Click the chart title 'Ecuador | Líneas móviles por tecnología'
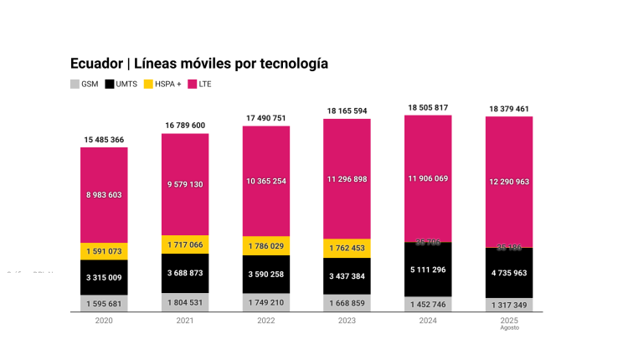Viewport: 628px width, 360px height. [199, 64]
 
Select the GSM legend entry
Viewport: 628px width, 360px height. [85, 84]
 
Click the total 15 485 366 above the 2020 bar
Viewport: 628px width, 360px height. [104, 139]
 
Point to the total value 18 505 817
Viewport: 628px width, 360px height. [428, 107]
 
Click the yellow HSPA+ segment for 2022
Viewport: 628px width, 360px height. [265, 245]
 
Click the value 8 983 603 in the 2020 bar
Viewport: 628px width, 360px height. [104, 194]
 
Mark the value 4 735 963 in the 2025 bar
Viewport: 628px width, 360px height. [509, 272]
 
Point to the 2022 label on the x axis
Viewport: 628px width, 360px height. [265, 321]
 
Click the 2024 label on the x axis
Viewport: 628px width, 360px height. [428, 321]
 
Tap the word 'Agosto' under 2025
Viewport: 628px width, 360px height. [509, 327]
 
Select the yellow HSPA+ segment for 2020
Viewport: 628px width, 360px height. [104, 250]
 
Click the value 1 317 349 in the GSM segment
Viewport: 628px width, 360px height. [509, 304]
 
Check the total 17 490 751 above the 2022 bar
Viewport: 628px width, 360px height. [265, 118]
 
